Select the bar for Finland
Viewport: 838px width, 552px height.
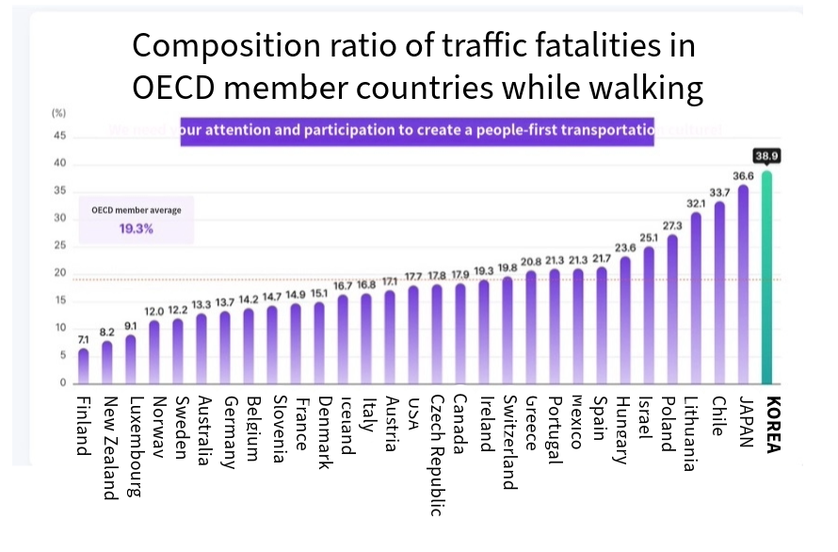[x=83, y=366]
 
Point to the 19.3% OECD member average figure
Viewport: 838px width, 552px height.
[x=136, y=229]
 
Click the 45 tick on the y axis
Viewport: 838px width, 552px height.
[x=60, y=136]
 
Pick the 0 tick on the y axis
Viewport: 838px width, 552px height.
[x=63, y=383]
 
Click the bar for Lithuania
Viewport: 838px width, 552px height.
[x=696, y=299]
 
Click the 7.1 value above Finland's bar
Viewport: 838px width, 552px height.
[x=83, y=337]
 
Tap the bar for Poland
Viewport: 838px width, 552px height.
[x=671, y=311]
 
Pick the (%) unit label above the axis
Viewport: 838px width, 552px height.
[x=58, y=113]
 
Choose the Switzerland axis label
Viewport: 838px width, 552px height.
[x=508, y=441]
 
